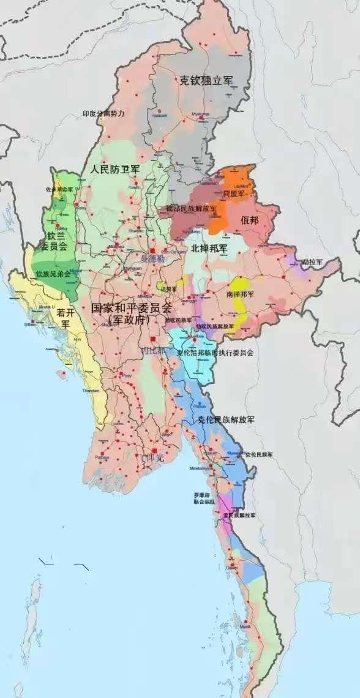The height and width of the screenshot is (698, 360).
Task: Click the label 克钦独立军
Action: tap(206, 80)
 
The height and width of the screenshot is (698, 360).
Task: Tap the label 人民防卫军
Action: tap(114, 168)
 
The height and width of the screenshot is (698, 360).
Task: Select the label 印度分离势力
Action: tap(104, 114)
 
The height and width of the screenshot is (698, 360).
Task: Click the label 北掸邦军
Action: tap(209, 248)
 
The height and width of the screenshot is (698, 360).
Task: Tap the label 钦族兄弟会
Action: tap(53, 274)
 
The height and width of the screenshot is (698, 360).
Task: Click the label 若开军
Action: tap(65, 317)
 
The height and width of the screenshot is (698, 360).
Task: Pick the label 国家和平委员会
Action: tap(132, 307)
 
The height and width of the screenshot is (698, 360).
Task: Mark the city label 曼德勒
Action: tap(153, 260)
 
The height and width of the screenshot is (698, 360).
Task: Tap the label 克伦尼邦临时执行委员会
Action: tap(215, 353)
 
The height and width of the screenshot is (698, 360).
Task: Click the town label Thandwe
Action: tap(90, 390)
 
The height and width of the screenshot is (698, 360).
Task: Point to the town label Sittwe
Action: tap(30, 325)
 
